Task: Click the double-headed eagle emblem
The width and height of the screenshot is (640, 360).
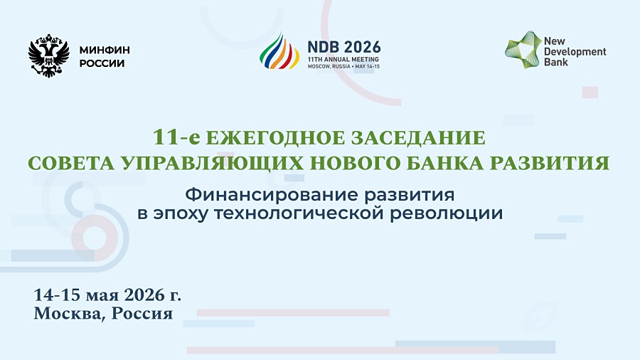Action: pos(48,55)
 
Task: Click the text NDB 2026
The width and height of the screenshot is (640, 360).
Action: pos(340,43)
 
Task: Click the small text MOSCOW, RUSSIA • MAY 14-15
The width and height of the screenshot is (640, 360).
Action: pos(344,66)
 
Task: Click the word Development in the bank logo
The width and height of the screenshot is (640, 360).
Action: pos(575,51)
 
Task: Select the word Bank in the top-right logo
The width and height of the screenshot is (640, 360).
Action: pos(556,62)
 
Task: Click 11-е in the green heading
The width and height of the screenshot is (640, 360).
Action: pos(175,137)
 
